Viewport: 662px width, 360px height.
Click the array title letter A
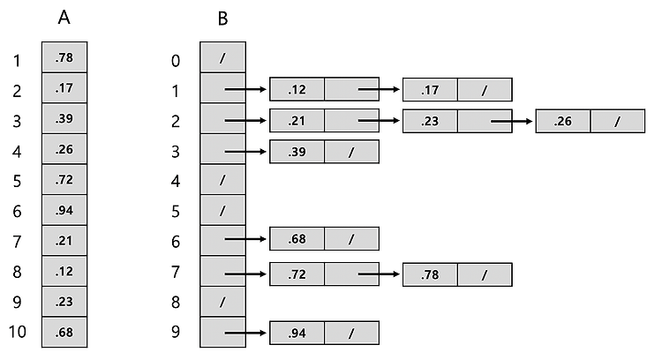64,18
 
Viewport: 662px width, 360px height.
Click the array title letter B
223,19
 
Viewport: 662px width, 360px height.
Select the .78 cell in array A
64,57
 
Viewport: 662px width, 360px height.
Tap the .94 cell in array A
64,210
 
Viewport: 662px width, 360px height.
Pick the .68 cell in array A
64,332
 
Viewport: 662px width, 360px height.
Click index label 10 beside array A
18,332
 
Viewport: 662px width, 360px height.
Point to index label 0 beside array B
176,61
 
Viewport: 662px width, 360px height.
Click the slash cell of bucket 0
223,57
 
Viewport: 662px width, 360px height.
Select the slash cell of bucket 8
223,302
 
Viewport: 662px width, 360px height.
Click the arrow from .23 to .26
512,122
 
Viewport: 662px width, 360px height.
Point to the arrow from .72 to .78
379,274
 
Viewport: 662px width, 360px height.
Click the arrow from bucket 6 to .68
245,239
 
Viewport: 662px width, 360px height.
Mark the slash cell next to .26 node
618,121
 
